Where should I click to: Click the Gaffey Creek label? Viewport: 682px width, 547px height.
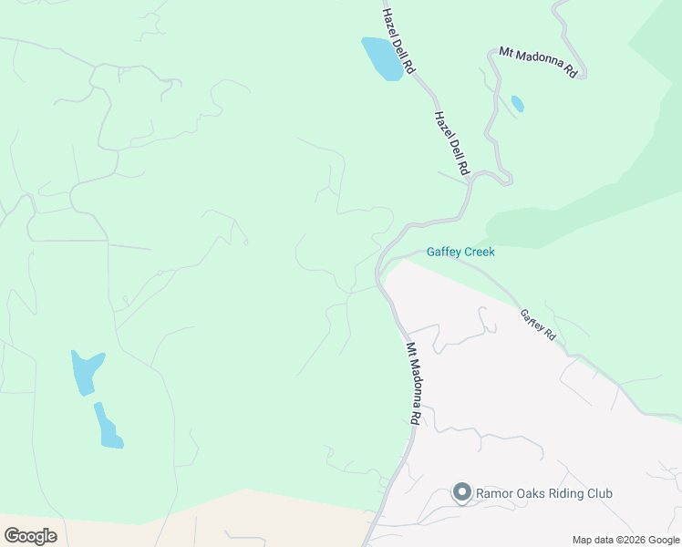click(460, 252)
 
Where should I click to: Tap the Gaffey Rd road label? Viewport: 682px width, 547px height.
click(538, 325)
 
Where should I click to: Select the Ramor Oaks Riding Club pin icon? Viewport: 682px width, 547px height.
click(461, 494)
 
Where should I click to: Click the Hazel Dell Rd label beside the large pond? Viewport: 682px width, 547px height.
click(398, 41)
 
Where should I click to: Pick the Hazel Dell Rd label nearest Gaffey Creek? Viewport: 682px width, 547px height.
click(451, 143)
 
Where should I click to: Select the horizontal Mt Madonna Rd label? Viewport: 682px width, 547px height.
click(538, 61)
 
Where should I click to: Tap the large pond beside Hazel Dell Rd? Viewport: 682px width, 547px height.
click(382, 58)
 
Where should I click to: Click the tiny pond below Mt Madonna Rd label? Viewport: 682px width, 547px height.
click(518, 103)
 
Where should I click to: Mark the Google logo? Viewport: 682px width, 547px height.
click(30, 536)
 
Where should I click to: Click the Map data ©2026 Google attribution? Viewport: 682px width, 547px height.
click(626, 540)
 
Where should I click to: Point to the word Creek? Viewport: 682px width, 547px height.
click(479, 252)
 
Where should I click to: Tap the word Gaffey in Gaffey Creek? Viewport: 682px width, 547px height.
click(443, 252)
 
